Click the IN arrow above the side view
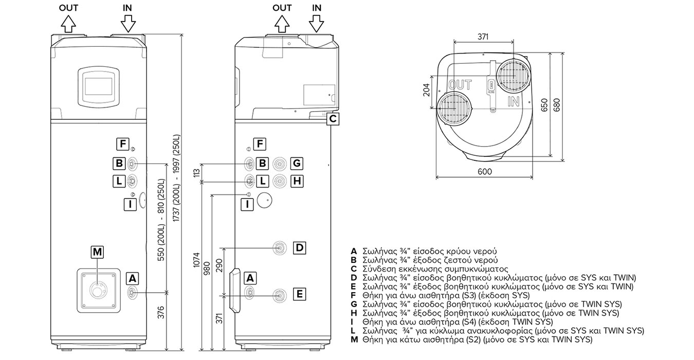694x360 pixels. coord(316,24)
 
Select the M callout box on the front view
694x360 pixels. coord(97,252)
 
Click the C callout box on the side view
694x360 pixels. coord(333,119)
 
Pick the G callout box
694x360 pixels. coord(297,163)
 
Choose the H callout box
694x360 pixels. coord(297,181)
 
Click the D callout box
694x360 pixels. coord(300,248)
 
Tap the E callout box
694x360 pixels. coord(300,294)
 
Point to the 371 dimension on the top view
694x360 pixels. coord(483,37)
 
